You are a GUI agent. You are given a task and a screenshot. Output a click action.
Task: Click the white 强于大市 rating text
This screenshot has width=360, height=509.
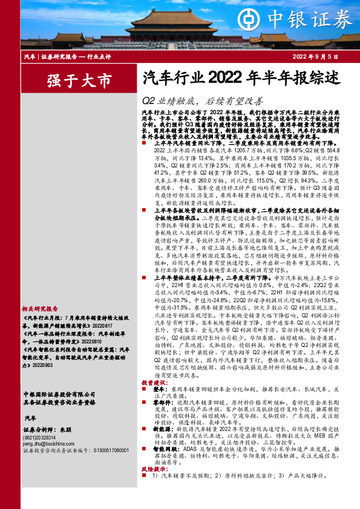(79, 80)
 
